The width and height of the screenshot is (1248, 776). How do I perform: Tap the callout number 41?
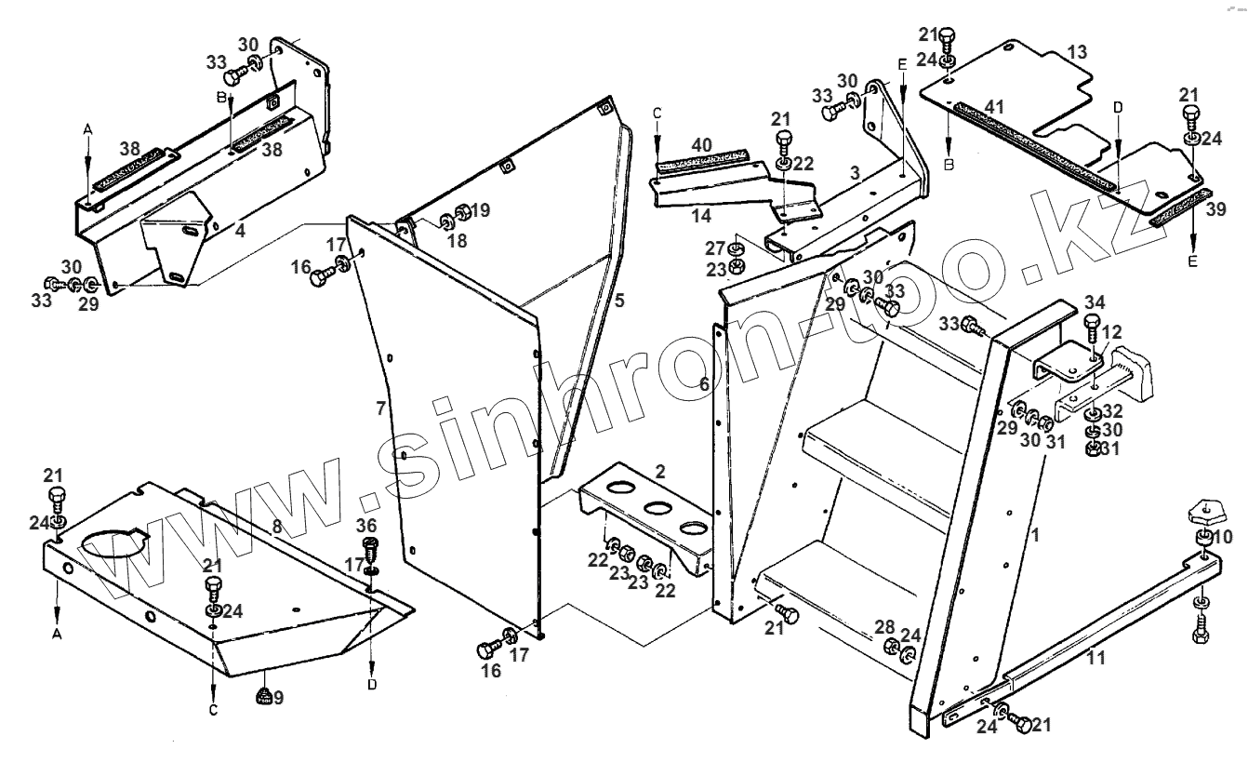[994, 108]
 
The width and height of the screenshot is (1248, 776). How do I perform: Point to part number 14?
[700, 215]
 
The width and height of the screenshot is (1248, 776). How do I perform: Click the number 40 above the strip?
[702, 144]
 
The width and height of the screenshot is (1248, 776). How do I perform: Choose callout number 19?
[480, 210]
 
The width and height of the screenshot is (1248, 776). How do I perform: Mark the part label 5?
[618, 300]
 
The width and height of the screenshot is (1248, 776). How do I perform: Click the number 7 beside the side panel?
[380, 408]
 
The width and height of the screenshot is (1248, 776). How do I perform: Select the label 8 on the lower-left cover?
[275, 526]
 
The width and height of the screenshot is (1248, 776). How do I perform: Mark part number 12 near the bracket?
[1114, 331]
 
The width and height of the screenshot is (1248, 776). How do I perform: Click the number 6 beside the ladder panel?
[704, 383]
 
